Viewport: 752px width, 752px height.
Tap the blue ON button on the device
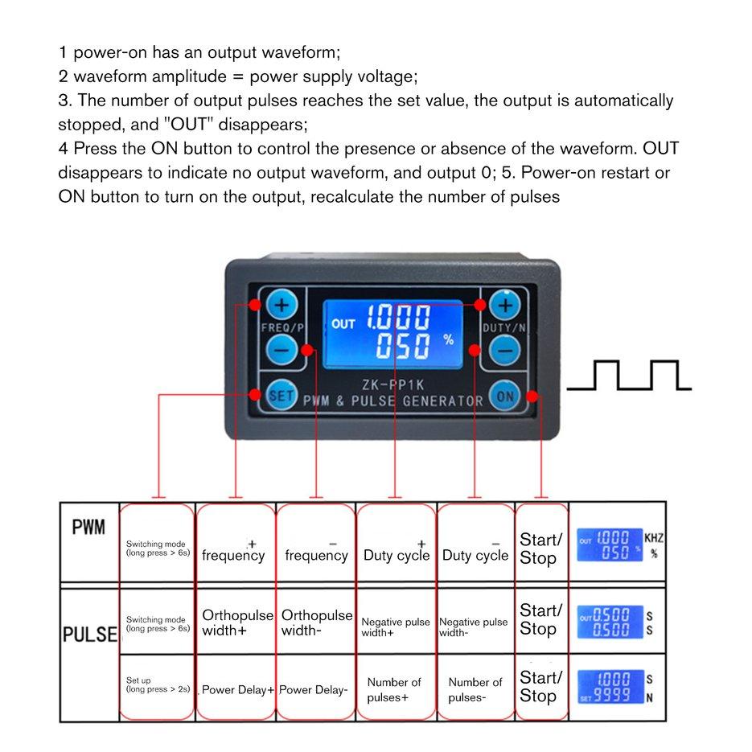(x=505, y=395)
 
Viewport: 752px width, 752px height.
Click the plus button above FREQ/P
(x=281, y=306)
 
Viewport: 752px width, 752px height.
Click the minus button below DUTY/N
(x=504, y=351)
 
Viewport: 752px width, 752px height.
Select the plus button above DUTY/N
(x=505, y=306)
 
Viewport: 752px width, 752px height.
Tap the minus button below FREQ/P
(x=280, y=351)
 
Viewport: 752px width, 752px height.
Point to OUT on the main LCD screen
(x=343, y=323)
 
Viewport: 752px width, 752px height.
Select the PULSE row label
(x=89, y=634)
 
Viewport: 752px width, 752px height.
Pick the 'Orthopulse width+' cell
(x=236, y=623)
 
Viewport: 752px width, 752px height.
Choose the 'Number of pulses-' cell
(x=475, y=689)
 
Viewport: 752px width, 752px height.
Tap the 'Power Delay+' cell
(x=237, y=689)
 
